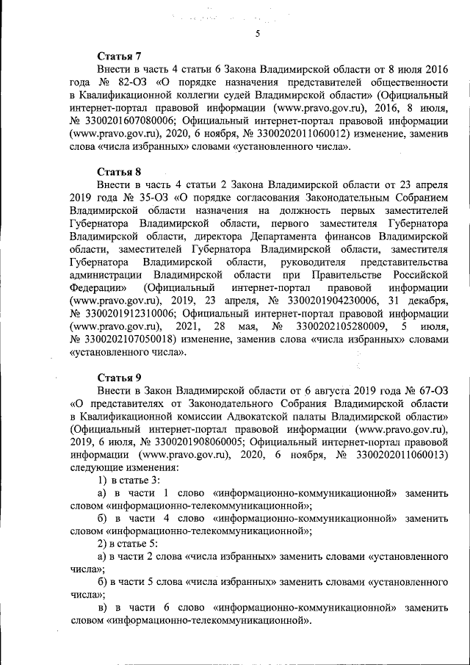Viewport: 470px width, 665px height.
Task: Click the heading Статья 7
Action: click(x=120, y=57)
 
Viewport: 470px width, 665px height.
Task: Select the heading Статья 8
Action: click(x=120, y=173)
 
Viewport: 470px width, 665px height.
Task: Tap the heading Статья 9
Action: click(x=120, y=378)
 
